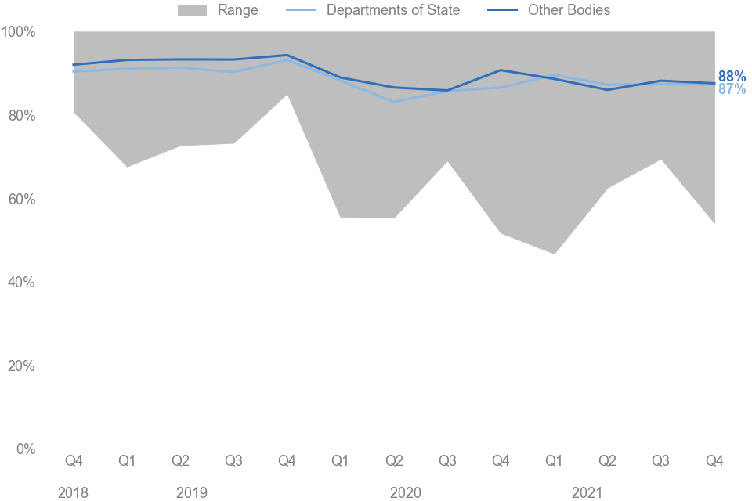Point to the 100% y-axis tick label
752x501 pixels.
point(19,32)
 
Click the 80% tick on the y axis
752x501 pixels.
point(22,116)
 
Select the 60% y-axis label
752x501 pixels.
point(22,199)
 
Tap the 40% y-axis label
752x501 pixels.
point(22,283)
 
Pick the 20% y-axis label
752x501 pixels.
point(22,366)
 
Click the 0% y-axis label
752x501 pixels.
point(25,449)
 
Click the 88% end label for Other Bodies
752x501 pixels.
point(732,77)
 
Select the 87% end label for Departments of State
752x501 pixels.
point(732,89)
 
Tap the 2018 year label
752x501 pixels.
point(73,492)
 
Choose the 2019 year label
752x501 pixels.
point(191,492)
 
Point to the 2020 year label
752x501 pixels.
point(405,492)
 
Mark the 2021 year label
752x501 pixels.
point(587,492)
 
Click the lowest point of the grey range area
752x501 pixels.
point(555,254)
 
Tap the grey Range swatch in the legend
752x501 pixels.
point(193,10)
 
